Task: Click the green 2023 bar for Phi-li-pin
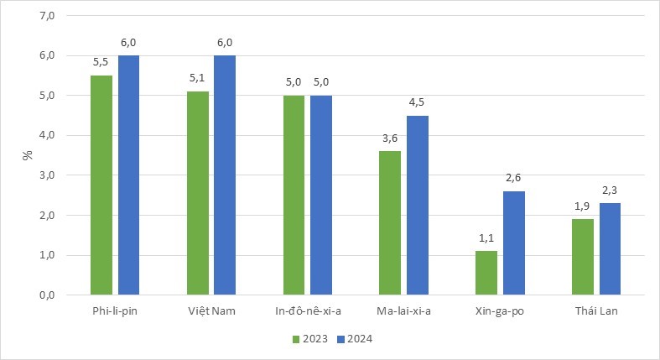(x=101, y=185)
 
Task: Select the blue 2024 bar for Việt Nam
(x=225, y=175)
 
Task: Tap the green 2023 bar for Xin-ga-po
(x=486, y=273)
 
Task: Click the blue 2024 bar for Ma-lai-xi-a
(x=417, y=205)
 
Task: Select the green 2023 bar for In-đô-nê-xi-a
(x=294, y=195)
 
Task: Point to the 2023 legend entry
(x=309, y=339)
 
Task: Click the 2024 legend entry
(x=354, y=339)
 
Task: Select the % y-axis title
(x=27, y=155)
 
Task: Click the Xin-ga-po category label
(x=500, y=311)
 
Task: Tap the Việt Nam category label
(x=211, y=311)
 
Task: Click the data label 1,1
(x=486, y=238)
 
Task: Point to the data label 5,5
(x=101, y=63)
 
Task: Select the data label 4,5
(x=417, y=103)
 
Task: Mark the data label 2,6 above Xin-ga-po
(x=513, y=179)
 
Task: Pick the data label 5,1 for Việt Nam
(x=198, y=79)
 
